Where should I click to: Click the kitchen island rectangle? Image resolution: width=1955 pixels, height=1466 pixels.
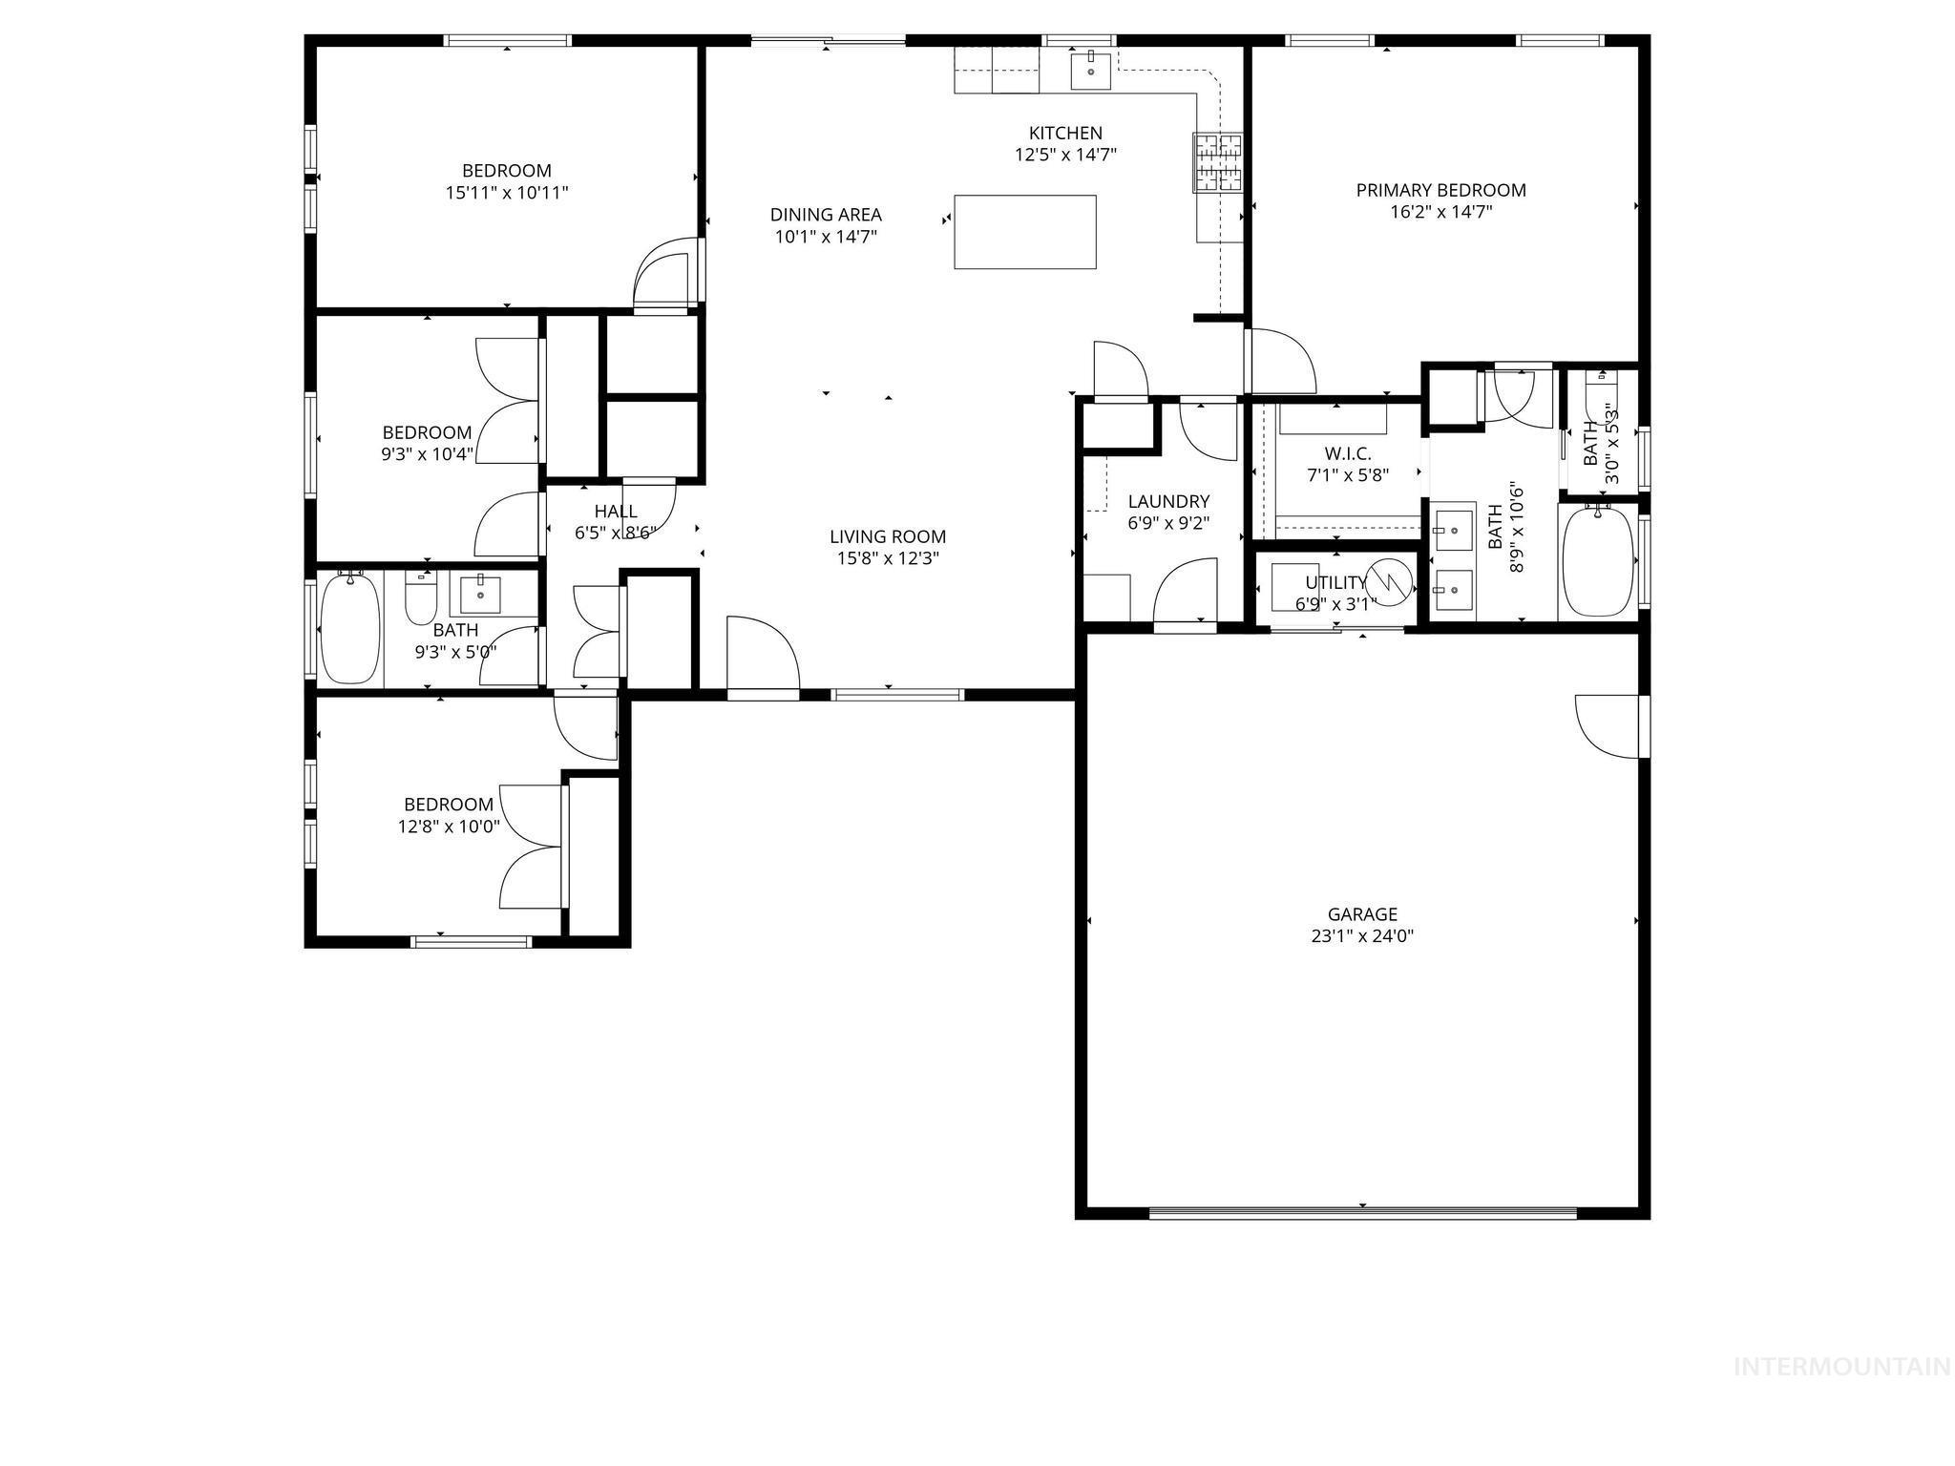point(1024,232)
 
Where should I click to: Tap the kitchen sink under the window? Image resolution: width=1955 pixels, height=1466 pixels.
point(1090,70)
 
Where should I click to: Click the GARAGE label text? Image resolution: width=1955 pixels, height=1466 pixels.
point(1362,914)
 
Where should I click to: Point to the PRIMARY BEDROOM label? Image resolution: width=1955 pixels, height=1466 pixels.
point(1440,190)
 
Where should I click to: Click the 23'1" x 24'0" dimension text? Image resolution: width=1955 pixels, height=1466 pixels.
point(1362,936)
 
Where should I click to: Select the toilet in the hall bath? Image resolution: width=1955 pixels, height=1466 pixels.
point(420,598)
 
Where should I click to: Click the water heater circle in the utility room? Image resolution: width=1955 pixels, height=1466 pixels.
point(1389,580)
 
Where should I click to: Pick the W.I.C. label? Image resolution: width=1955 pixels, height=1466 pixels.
point(1347,453)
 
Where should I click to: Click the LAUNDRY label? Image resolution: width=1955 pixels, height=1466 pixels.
point(1168,501)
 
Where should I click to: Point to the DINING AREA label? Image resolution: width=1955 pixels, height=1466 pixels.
point(826,215)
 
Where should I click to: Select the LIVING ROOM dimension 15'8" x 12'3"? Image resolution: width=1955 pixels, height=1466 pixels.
point(888,558)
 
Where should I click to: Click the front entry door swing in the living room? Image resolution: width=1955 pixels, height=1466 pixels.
point(761,657)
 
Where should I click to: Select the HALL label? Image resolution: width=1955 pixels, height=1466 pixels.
point(616,512)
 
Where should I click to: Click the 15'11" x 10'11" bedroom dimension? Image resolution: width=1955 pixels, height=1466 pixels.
point(507,193)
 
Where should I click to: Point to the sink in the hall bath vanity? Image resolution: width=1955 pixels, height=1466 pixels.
point(481,595)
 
